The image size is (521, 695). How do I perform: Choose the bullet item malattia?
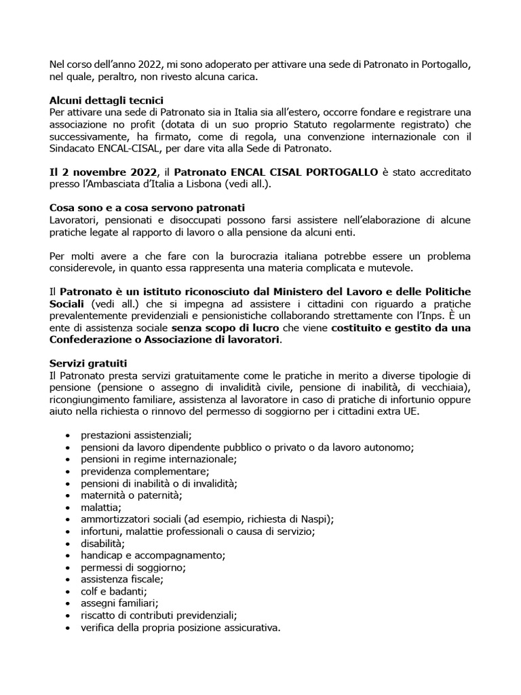click(x=101, y=508)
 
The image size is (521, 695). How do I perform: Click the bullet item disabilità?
click(x=103, y=544)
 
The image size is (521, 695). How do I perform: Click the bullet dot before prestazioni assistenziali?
click(x=66, y=436)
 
